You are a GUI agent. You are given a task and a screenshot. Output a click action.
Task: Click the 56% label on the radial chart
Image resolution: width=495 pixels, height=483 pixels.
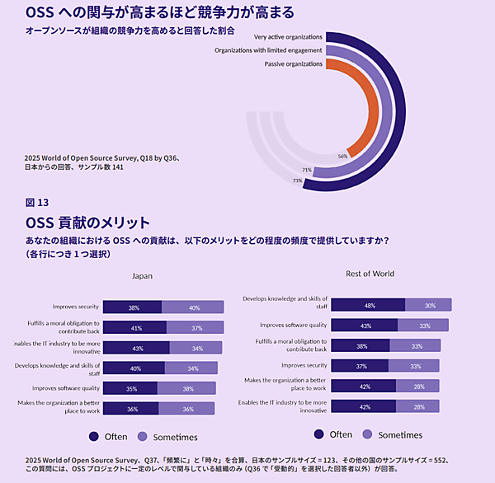pos(342,156)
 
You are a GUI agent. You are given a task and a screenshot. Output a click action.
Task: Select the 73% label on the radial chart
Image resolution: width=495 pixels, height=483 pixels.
pos(297,181)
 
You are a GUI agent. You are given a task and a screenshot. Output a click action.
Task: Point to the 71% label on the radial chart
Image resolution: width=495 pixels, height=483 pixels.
pos(306,171)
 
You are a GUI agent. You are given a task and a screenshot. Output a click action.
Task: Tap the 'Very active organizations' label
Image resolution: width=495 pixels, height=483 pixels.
pos(288,37)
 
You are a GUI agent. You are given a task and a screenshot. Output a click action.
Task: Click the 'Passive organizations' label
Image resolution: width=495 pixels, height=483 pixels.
pos(294,63)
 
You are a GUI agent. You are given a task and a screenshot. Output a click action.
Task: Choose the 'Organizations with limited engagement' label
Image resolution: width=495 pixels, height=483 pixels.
pos(268,50)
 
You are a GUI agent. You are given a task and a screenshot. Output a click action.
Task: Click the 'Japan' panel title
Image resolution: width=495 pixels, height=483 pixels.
pos(143,276)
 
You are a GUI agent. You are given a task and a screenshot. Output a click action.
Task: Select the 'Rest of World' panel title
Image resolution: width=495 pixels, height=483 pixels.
pos(370,274)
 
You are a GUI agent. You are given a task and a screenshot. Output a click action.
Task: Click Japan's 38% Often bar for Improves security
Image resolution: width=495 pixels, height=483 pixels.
pos(133,307)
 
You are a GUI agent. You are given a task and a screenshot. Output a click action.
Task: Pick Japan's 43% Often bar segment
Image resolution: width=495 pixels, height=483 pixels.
pos(137,348)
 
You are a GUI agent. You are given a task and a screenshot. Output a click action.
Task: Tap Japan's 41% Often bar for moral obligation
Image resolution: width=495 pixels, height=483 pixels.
pos(135,327)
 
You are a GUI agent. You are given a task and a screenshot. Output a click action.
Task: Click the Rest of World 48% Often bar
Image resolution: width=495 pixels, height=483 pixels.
pos(370,304)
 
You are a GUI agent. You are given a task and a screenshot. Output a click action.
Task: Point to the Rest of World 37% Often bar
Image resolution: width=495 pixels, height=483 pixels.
pos(361,365)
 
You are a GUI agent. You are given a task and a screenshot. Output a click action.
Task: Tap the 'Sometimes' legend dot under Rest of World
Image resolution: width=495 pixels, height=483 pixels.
pos(367,434)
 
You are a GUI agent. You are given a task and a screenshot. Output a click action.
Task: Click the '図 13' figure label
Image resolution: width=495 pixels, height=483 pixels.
pos(37,202)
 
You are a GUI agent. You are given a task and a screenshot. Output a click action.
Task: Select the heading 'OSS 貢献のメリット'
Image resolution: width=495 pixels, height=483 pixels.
pos(87,222)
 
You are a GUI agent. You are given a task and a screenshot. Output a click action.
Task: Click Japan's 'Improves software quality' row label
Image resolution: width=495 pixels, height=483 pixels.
pos(66,388)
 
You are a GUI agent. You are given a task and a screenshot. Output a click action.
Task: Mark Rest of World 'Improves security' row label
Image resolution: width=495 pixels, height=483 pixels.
pos(304,365)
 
